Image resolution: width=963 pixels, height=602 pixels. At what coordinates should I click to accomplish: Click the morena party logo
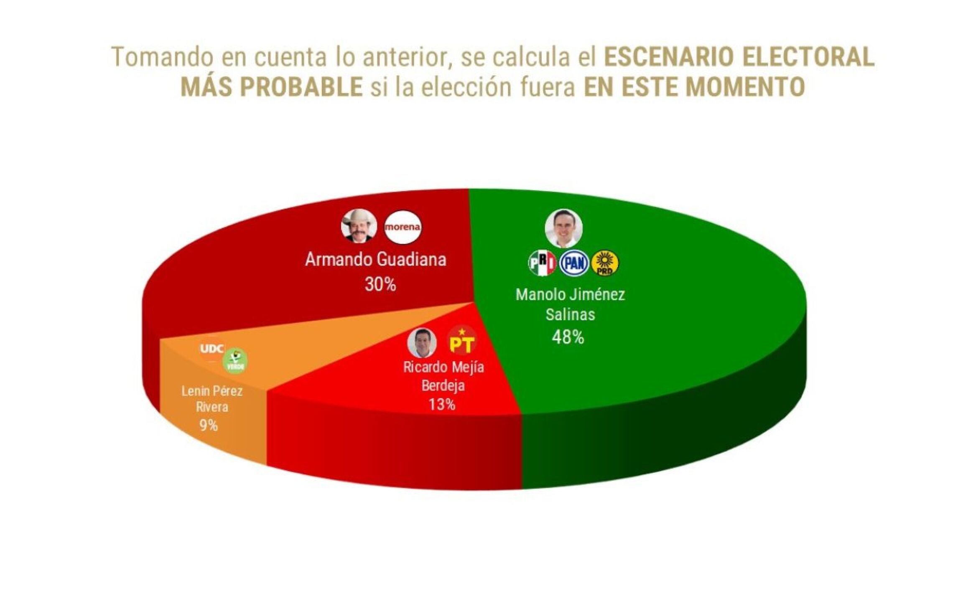point(402,227)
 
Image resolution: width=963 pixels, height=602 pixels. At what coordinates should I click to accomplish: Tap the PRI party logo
point(542,263)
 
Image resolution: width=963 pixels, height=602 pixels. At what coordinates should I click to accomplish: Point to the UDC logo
point(212,349)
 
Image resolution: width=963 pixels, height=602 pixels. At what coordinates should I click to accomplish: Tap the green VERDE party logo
point(235,361)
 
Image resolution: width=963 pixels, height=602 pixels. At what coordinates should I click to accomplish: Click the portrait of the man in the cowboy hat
point(359,226)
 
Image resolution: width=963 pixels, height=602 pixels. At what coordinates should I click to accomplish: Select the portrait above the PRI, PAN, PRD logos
point(563,228)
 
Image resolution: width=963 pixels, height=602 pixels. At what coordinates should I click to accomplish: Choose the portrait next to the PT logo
point(422,342)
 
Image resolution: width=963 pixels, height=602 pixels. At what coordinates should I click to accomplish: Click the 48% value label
point(568,337)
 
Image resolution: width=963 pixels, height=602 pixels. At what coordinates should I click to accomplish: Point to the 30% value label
point(380,285)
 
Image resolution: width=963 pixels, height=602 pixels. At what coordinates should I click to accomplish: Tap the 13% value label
point(442,404)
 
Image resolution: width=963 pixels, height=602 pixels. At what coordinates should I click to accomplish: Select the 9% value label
point(208,426)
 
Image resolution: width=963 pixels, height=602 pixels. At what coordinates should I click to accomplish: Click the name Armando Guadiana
point(375,260)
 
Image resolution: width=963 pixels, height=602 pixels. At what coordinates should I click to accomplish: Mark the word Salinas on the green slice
point(570,314)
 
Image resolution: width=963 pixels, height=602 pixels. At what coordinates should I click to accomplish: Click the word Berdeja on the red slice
point(443,385)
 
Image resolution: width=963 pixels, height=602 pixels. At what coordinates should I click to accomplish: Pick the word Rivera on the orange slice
point(212,407)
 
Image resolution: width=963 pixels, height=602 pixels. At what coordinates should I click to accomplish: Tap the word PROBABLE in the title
point(301,87)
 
